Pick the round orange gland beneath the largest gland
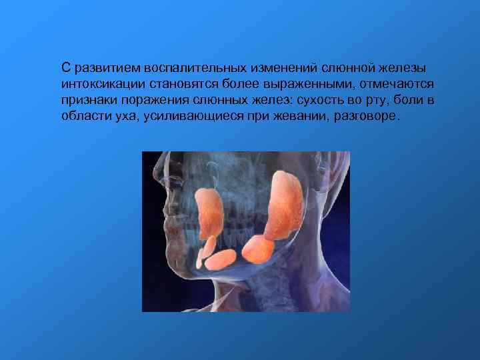pos(257,249)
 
